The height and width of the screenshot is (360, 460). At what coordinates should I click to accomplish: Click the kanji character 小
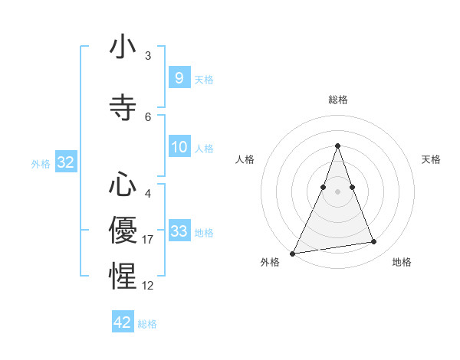123,48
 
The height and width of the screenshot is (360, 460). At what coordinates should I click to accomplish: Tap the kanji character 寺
123,108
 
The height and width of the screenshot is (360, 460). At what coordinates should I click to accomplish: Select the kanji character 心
123,186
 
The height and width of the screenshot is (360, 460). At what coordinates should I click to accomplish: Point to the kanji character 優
123,229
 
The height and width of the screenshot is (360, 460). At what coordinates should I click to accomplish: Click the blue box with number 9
179,78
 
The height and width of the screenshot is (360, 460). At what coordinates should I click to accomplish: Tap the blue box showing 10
179,147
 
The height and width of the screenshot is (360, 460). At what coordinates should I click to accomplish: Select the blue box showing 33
179,231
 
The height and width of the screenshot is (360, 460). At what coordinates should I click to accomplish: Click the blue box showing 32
65,162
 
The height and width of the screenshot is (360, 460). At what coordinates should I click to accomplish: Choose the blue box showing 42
123,322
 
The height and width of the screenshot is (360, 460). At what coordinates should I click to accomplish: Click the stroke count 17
148,240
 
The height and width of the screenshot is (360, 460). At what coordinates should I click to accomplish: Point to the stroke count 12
148,286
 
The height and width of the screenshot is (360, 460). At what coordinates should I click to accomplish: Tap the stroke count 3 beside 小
148,56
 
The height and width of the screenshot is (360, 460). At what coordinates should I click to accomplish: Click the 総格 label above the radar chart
337,100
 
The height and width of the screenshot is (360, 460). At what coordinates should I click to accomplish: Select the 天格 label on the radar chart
431,159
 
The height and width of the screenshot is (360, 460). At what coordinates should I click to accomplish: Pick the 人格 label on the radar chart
245,159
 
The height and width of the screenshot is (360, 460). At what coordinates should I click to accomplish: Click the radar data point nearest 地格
373,242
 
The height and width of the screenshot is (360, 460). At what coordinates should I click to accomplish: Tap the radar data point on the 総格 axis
337,146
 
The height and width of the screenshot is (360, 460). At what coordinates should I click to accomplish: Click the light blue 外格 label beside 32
41,163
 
